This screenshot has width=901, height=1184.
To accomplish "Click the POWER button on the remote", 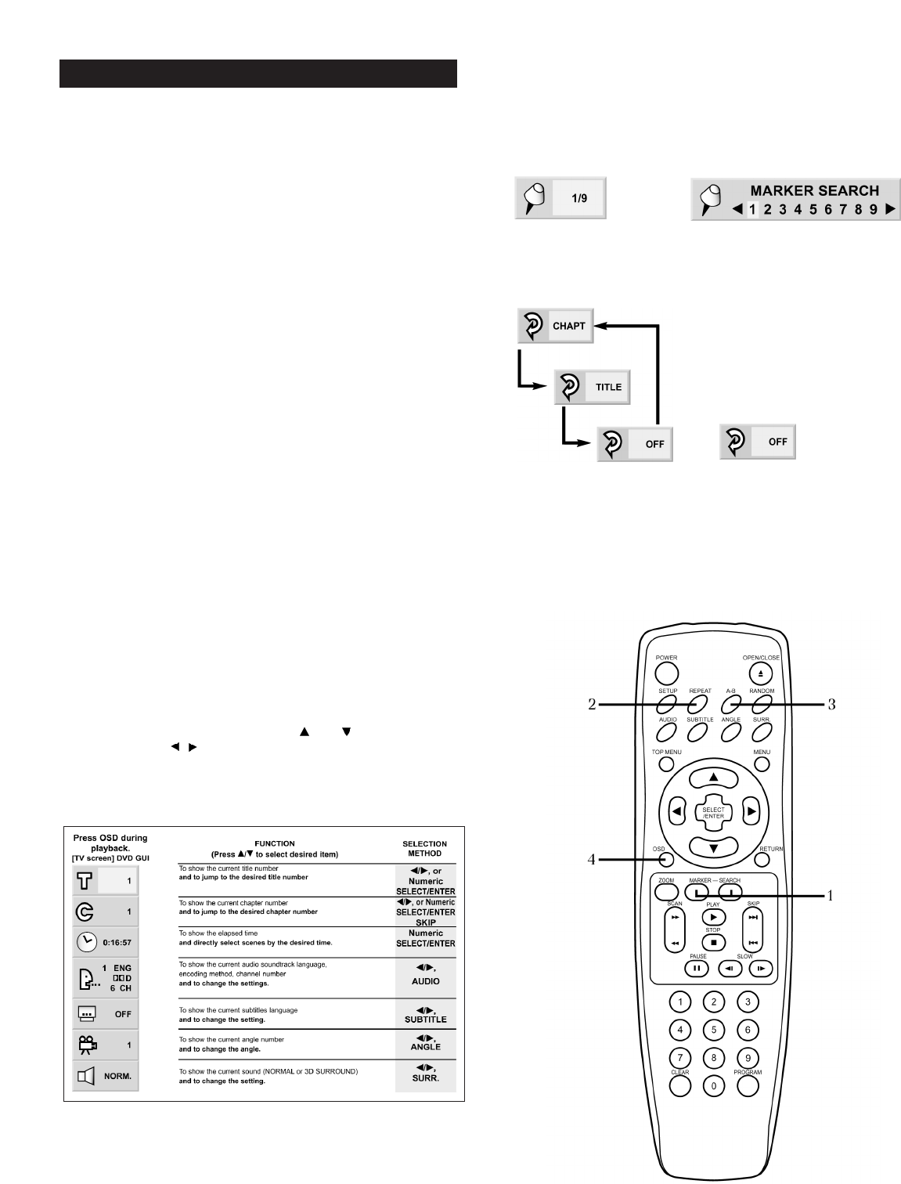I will pos(666,673).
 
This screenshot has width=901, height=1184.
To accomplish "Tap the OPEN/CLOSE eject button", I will pos(760,673).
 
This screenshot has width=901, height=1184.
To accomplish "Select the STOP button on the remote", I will pos(712,942).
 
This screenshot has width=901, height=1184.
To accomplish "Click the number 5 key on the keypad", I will pos(713,1031).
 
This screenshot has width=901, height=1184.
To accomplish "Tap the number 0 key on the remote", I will pos(713,1086).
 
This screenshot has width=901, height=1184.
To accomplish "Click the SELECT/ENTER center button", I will pos(713,813).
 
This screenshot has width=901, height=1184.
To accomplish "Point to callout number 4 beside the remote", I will pos(592,859).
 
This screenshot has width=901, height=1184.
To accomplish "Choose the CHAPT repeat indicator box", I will pos(556,326).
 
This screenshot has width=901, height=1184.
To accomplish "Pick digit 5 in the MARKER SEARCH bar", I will pos(813,209).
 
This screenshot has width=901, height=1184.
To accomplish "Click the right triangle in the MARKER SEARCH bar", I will pos(890,209).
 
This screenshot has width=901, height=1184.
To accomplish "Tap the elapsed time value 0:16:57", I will pos(117,943).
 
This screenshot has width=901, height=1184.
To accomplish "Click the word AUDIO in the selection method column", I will pos(425,981).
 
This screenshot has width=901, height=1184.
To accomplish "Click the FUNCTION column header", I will pos(275,843).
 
